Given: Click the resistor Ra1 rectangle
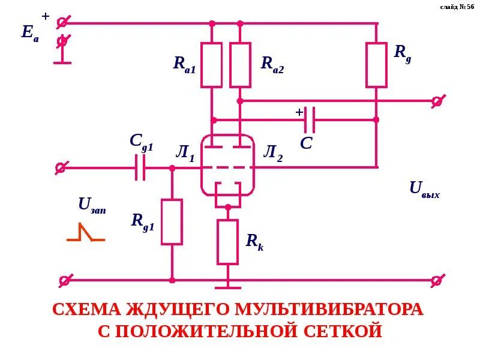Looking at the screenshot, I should [211, 65].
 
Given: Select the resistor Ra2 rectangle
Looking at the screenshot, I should [240, 65].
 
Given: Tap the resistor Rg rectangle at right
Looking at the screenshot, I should [376, 65].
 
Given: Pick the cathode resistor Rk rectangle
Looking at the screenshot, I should [227, 242].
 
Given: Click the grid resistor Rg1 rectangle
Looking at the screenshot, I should [172, 222].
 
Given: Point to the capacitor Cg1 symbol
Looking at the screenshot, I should [140, 167].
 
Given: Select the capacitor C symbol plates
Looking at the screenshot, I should [309, 120].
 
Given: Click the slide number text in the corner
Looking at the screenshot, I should [457, 7].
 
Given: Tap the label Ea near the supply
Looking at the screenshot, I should [29, 32].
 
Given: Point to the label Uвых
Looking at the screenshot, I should [424, 189].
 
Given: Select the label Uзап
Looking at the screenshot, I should [92, 205].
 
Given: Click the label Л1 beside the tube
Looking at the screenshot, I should [185, 154].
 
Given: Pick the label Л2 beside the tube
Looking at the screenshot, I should [272, 154].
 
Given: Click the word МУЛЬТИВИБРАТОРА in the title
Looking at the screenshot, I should [329, 310].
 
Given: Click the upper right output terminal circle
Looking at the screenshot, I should [437, 101].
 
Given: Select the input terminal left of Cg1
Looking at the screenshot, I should [61, 167].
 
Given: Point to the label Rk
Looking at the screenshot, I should [254, 242].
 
